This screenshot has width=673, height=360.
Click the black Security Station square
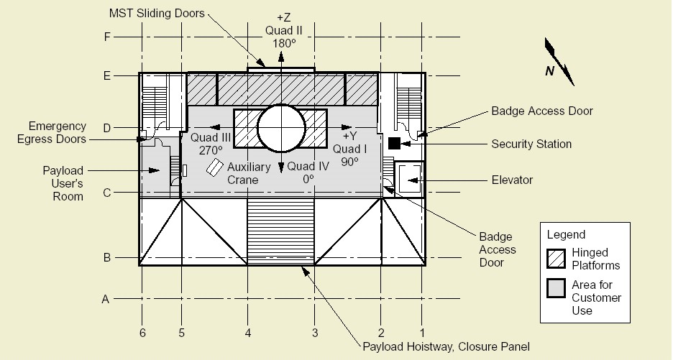click(x=394, y=143)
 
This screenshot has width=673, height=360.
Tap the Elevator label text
click(x=512, y=180)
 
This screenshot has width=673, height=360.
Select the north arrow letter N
click(x=549, y=71)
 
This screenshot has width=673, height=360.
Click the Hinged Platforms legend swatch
click(x=556, y=259)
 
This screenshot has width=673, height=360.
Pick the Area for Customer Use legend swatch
click(x=556, y=288)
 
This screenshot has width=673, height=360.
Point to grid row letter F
click(x=107, y=37)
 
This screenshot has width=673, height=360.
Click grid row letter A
click(x=106, y=299)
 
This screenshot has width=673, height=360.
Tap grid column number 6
click(x=142, y=333)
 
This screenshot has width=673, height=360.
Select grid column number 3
click(x=315, y=333)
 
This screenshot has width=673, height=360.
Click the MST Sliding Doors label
click(x=157, y=14)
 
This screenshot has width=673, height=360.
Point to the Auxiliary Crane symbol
click(x=214, y=167)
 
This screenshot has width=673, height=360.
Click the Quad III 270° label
click(x=211, y=144)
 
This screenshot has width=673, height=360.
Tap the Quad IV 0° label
click(x=308, y=172)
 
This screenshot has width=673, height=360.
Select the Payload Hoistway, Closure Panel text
click(x=447, y=346)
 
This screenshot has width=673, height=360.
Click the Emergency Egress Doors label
click(x=52, y=133)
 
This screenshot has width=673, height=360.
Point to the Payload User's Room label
click(x=63, y=184)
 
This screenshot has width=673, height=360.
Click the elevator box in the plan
click(x=409, y=178)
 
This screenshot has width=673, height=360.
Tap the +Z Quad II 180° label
click(x=284, y=30)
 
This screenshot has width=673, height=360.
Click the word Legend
click(x=566, y=235)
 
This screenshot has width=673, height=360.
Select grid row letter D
click(x=107, y=128)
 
